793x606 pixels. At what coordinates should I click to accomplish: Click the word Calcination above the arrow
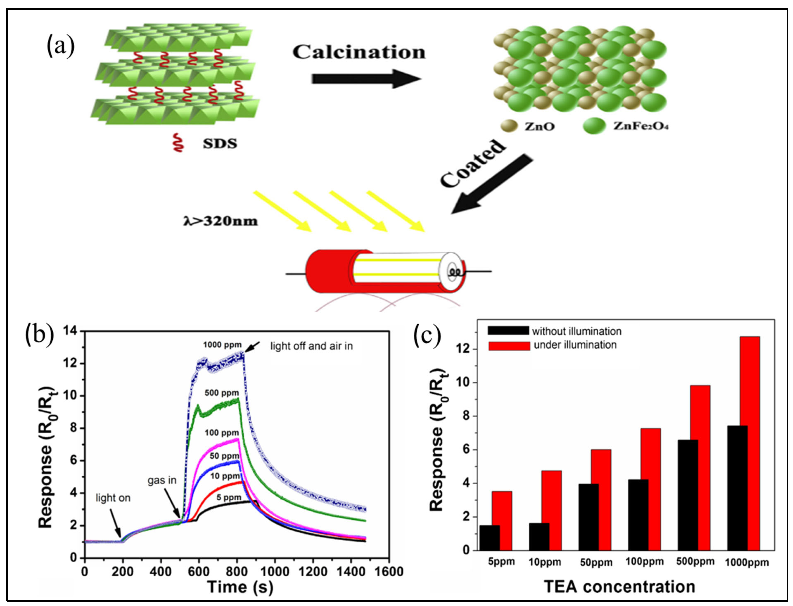click(359, 52)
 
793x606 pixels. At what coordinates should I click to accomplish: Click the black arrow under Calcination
click(366, 79)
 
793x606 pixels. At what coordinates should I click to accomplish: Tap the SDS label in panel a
click(219, 144)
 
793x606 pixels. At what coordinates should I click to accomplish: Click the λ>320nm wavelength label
click(221, 221)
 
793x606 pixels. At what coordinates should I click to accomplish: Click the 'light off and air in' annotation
click(311, 346)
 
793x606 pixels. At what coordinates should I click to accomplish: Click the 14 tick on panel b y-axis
click(71, 331)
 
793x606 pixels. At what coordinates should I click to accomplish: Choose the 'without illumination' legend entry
click(576, 331)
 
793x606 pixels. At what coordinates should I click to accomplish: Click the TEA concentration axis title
click(619, 587)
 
